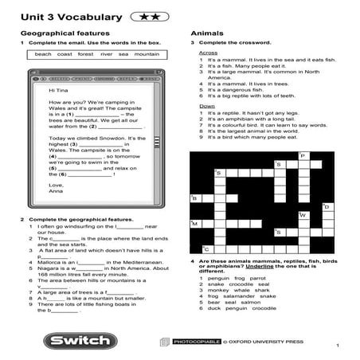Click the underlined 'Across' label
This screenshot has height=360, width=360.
[207, 53]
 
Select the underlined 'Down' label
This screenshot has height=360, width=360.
[206, 106]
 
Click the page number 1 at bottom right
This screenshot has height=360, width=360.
[337, 345]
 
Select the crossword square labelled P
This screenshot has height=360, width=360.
[303, 156]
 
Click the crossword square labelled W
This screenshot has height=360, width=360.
[303, 216]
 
